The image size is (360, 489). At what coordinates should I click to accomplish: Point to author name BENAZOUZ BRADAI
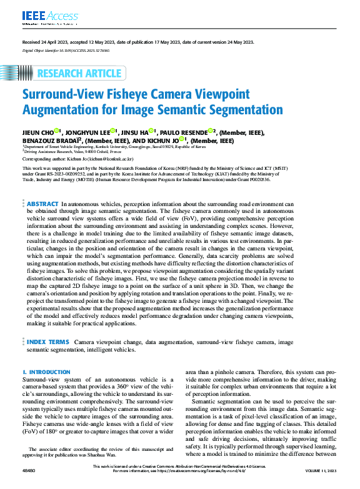tap(49, 141)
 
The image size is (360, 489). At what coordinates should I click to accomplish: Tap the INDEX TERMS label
tap(47, 343)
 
